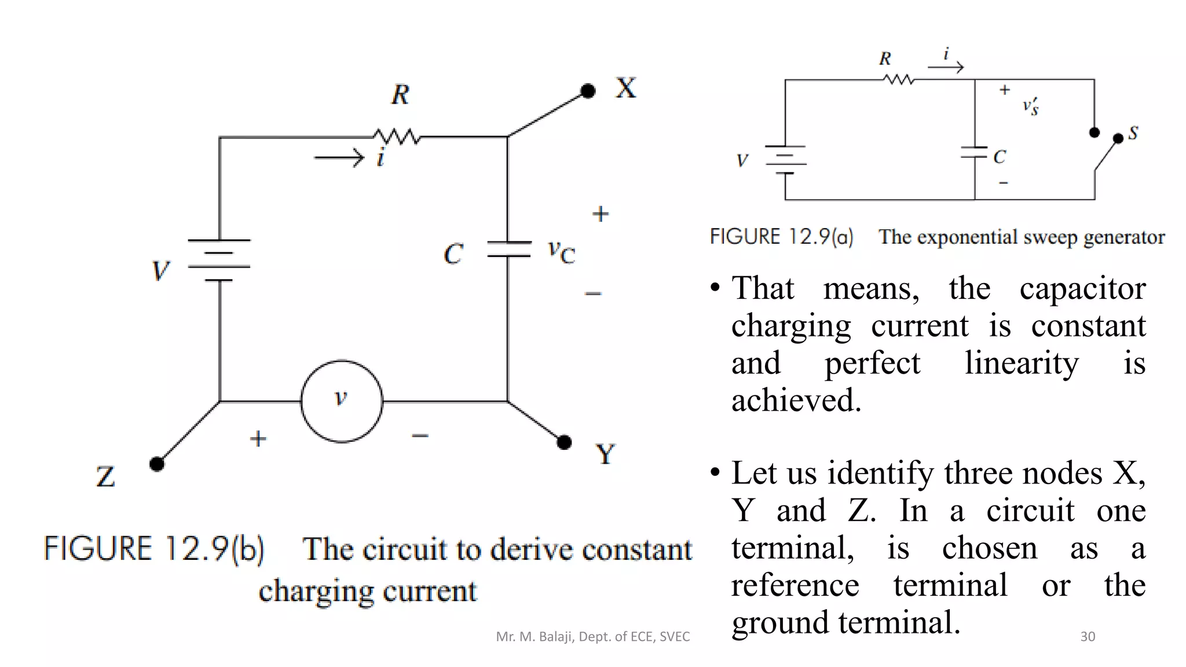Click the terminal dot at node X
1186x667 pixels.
tap(588, 91)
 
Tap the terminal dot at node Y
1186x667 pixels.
tap(564, 442)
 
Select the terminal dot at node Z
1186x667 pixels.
tap(157, 464)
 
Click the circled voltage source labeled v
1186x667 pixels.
tap(342, 401)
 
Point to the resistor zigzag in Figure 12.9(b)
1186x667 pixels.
tap(397, 137)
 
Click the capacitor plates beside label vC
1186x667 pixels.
tap(508, 249)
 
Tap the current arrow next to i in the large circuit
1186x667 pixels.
tap(339, 157)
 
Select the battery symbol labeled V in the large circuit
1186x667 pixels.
tap(219, 260)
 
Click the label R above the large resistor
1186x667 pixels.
tap(400, 94)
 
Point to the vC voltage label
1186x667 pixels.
tap(561, 252)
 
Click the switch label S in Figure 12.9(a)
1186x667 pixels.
tap(1133, 133)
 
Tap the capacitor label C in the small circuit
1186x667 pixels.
tap(1000, 157)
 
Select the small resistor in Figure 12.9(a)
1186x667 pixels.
tap(899, 79)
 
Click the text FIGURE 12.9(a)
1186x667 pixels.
tap(781, 237)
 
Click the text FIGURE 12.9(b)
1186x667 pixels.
tap(154, 549)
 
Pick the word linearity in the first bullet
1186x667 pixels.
tap(1022, 364)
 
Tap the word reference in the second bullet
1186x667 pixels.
tap(795, 585)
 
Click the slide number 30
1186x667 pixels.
tap(1088, 636)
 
